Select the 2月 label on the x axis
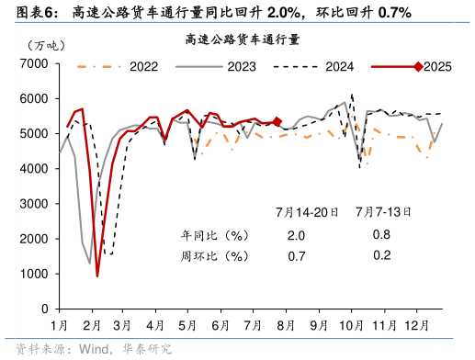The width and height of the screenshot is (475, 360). pos(91,326)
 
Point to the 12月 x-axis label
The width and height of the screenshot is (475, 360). pos(417,326)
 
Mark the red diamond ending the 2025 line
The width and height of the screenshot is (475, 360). pos(277,121)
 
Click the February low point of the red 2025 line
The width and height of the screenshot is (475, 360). pos(97,275)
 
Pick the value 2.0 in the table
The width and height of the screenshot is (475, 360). pos(296,235)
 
